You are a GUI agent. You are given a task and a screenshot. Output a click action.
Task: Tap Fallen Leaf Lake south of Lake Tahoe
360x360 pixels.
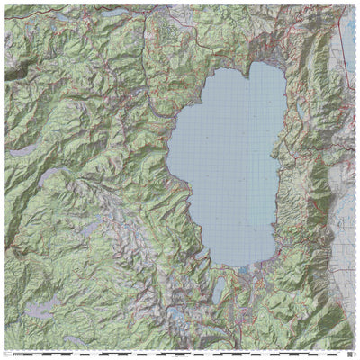point(220,290)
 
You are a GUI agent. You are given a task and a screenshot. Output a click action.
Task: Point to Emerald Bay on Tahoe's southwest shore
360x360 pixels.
point(206,261)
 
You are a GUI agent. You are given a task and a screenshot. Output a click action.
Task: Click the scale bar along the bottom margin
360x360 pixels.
point(180,352)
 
